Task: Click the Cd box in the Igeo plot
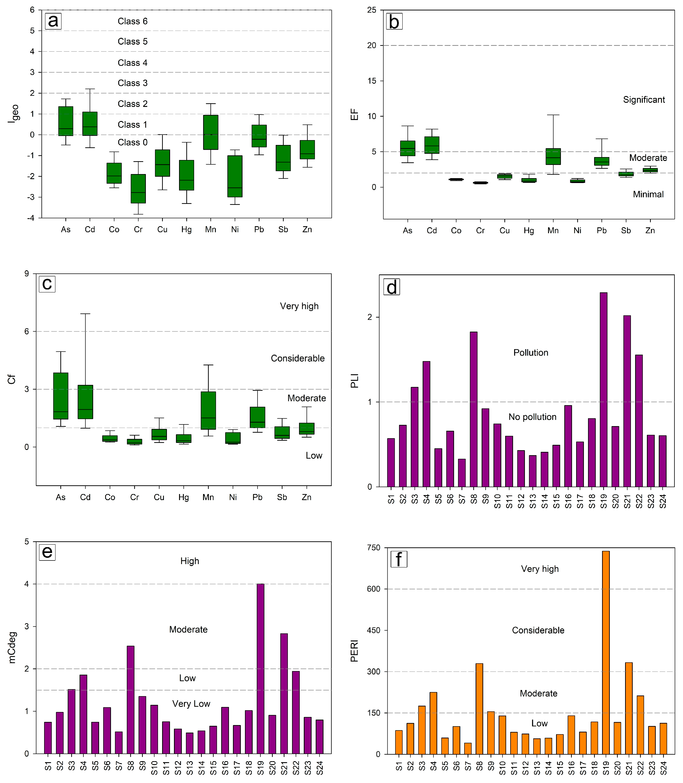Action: pyautogui.click(x=90, y=124)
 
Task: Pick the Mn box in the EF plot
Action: pyautogui.click(x=553, y=156)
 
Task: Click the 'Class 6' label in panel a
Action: pyautogui.click(x=132, y=21)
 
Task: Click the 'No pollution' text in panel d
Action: pyautogui.click(x=533, y=417)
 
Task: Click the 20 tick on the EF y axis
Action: pyautogui.click(x=372, y=45)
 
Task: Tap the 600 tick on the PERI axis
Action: pyautogui.click(x=374, y=589)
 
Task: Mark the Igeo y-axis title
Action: pyautogui.click(x=13, y=113)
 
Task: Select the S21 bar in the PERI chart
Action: pyautogui.click(x=629, y=709)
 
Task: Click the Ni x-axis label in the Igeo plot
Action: pyautogui.click(x=235, y=229)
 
